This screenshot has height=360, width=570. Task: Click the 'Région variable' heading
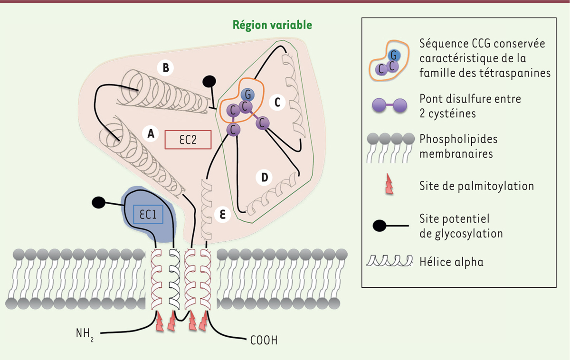pos(272,25)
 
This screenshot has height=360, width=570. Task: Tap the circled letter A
pos(151,134)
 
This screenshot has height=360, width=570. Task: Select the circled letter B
pos(165,68)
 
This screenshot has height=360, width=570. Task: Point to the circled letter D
pos(265,178)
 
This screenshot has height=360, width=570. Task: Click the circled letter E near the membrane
pos(223,214)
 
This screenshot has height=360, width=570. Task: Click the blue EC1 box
pos(148,215)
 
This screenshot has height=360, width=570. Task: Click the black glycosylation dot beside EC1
pos(98,203)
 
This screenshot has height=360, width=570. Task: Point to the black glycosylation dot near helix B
pos(209,82)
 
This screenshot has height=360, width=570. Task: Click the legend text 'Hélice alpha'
pos(451,261)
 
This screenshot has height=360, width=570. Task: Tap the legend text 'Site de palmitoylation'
pos(477,185)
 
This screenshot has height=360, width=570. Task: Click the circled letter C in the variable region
pos(277,101)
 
